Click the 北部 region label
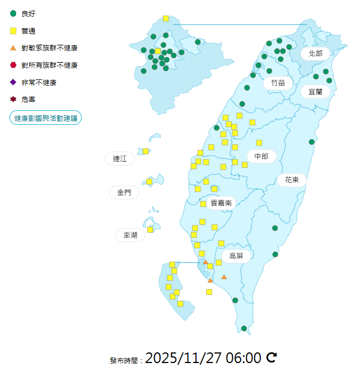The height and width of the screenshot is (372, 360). [316, 54]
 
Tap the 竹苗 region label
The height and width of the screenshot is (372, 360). [278, 83]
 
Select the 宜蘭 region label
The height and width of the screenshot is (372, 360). [315, 91]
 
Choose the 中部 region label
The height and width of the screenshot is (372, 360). [261, 156]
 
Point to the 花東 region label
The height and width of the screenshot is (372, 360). [292, 180]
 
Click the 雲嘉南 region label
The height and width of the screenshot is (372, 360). [221, 203]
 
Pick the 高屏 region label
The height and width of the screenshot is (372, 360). [236, 256]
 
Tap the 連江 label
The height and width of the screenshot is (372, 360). [120, 159]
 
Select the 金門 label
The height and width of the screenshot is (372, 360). [124, 192]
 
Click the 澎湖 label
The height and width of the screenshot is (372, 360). [130, 235]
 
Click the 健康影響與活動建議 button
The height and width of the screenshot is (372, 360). [46, 118]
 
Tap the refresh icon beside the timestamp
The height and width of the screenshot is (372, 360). [272, 357]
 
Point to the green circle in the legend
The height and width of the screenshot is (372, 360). [13, 13]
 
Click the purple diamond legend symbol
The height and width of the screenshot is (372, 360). [13, 83]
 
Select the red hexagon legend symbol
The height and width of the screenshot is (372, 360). [13, 65]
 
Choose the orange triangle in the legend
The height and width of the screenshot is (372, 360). [13, 48]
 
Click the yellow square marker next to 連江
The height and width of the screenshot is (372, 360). [146, 151]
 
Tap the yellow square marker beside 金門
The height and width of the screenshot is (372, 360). [149, 181]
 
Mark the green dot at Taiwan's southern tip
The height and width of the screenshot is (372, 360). [244, 328]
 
